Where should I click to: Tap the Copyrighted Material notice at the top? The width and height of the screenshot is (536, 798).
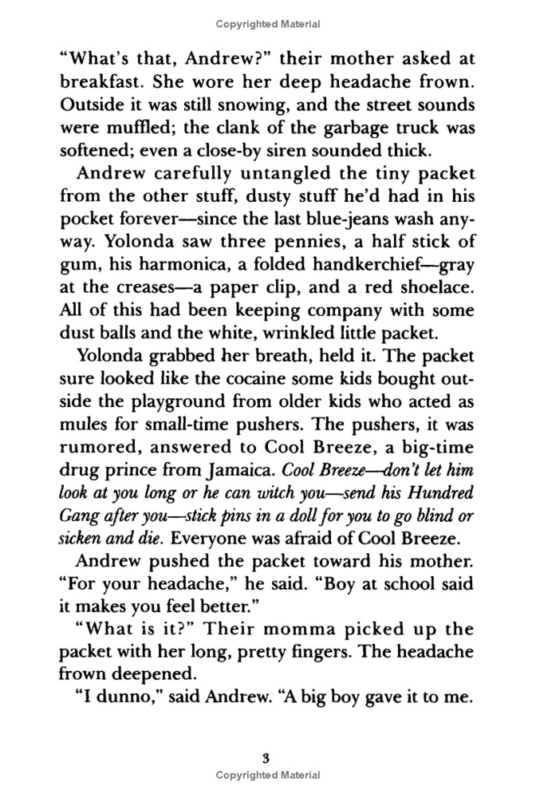(268, 25)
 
